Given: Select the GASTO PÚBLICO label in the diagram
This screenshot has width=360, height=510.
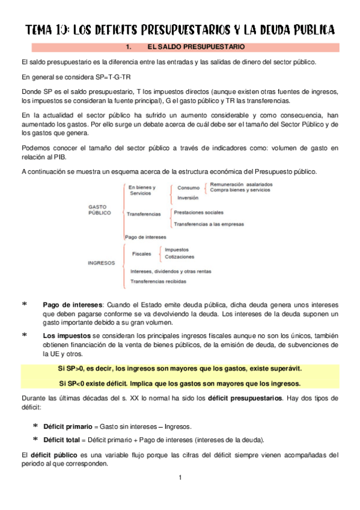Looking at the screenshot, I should pyautogui.click(x=100, y=209).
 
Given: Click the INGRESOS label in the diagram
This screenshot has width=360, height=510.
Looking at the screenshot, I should pyautogui.click(x=101, y=262).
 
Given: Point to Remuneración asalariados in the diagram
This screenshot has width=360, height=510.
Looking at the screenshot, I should pyautogui.click(x=241, y=184).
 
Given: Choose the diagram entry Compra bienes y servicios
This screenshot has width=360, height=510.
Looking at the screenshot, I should pyautogui.click(x=240, y=190).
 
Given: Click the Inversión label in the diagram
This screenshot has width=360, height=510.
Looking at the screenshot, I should pyautogui.click(x=188, y=197).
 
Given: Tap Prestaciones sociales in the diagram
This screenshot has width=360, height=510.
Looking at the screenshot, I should pyautogui.click(x=198, y=212).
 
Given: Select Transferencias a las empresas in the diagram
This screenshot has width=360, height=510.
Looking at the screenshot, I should pyautogui.click(x=209, y=224).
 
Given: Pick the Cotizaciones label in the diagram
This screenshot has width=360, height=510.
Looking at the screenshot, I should pyautogui.click(x=179, y=257).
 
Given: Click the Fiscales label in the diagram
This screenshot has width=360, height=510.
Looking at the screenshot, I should pyautogui.click(x=142, y=254).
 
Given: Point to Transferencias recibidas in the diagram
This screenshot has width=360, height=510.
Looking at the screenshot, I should pyautogui.click(x=158, y=281).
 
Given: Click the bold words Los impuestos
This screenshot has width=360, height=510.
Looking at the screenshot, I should pyautogui.click(x=63, y=334).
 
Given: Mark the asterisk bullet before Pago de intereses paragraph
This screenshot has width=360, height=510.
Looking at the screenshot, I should pyautogui.click(x=24, y=305).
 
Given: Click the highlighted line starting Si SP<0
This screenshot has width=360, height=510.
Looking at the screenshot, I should pyautogui.click(x=180, y=383).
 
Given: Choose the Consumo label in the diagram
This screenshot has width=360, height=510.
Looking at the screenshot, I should pyautogui.click(x=189, y=188).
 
